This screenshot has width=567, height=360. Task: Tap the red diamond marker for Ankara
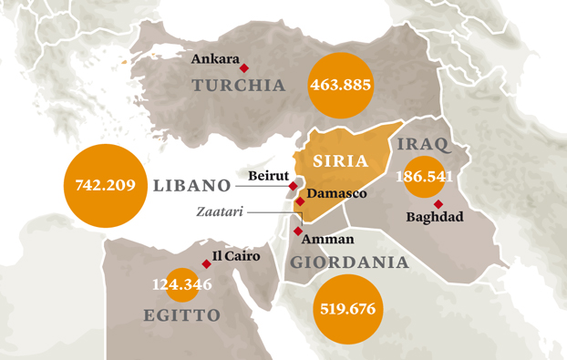243,67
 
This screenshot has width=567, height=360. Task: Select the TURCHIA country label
239,86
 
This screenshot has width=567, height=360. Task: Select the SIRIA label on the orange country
340,161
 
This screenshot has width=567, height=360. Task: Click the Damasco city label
336,194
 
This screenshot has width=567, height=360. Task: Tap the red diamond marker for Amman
298,231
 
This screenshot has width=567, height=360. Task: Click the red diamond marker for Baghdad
438,203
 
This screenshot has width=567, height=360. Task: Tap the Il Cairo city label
235,256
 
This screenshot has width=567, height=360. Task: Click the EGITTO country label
182,315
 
